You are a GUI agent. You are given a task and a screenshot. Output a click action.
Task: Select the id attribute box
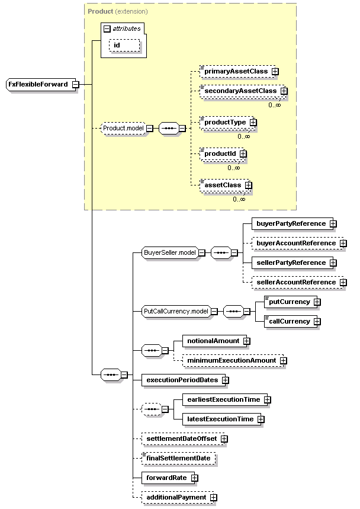124,46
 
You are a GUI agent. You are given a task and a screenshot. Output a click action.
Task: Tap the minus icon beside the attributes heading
107,29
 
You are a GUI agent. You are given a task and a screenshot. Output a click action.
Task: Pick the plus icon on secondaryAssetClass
284,91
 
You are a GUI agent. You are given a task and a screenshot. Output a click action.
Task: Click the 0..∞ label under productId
234,168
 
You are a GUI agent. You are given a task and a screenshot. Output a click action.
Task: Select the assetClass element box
225,185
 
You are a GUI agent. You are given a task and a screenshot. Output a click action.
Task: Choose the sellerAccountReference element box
298,283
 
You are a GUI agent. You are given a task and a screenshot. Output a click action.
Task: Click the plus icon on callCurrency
317,322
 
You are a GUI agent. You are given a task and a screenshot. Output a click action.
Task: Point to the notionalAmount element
215,341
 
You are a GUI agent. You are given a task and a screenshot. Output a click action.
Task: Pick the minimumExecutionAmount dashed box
233,361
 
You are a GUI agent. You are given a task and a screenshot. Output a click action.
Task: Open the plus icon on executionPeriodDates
226,380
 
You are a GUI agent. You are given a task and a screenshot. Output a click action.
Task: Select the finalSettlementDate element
179,459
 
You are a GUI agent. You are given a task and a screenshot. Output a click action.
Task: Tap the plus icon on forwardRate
195,478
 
